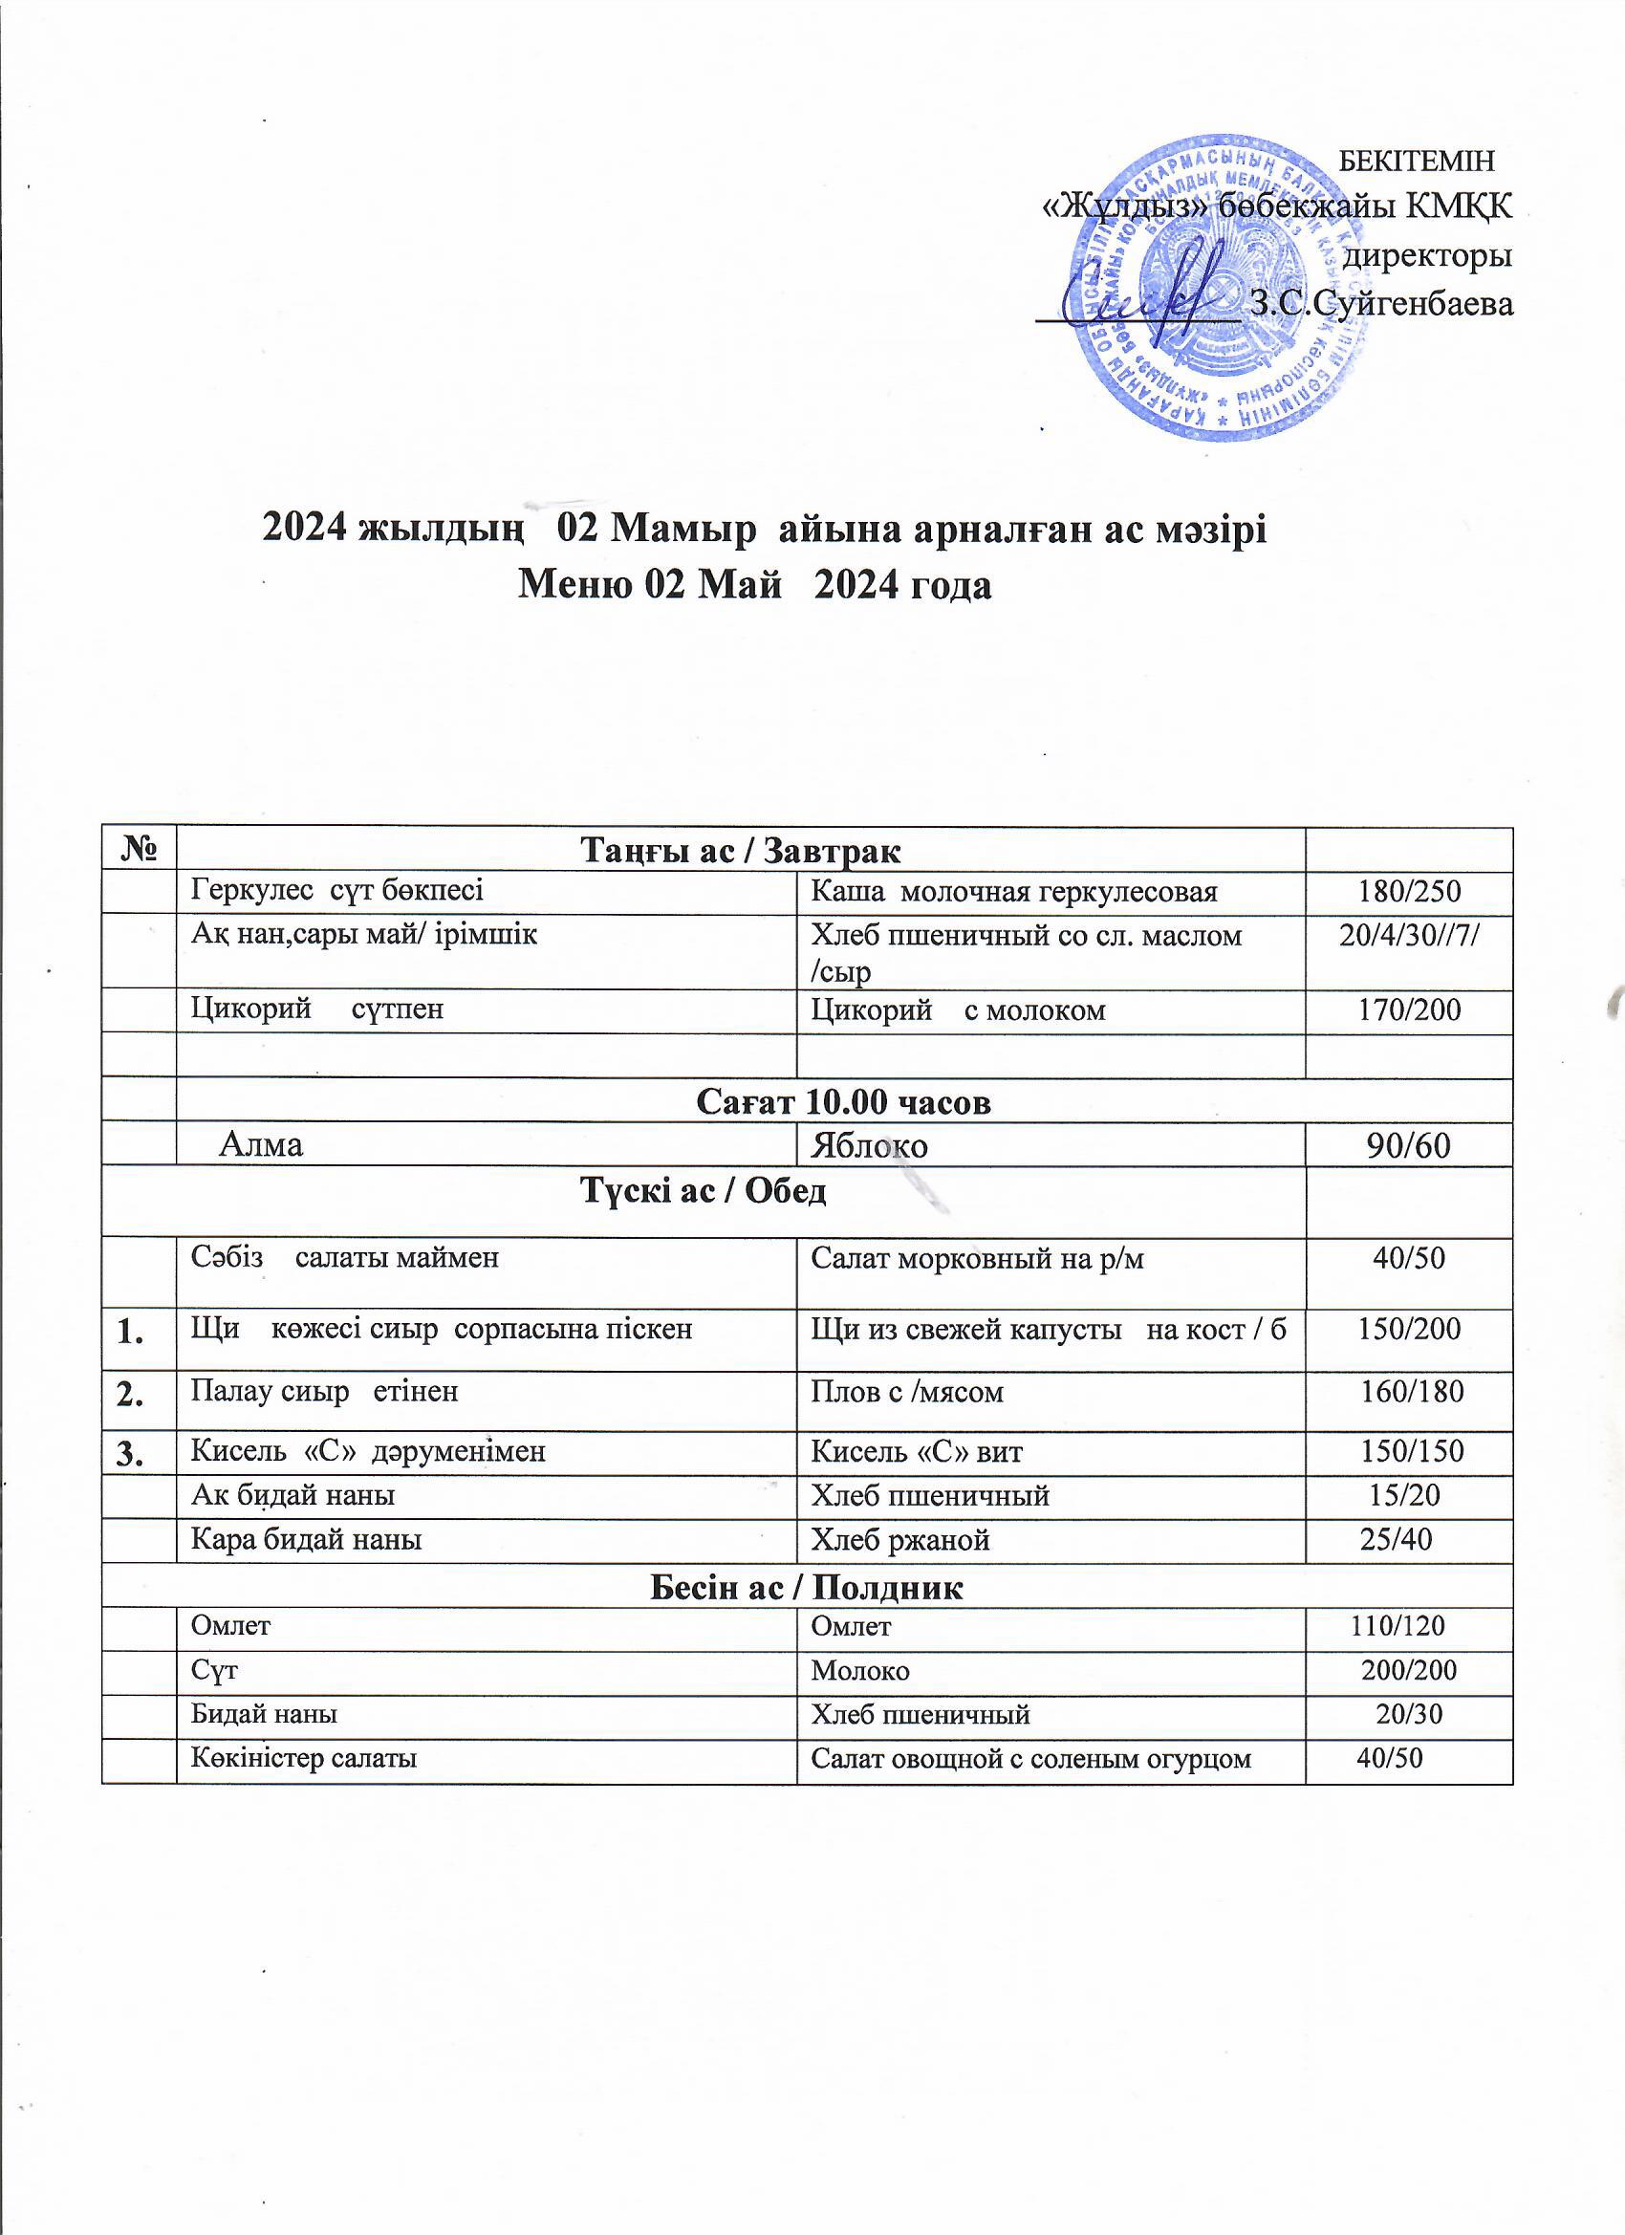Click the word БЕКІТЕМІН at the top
[1419, 160]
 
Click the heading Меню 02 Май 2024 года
[754, 585]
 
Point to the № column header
[139, 850]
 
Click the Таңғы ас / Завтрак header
[741, 850]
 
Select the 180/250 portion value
[1408, 892]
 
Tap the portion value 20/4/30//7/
[1408, 935]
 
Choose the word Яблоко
[868, 1146]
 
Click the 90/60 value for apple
[1408, 1146]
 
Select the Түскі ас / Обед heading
[703, 1192]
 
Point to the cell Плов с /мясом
[905, 1393]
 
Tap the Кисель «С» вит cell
[916, 1451]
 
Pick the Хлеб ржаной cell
[899, 1540]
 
